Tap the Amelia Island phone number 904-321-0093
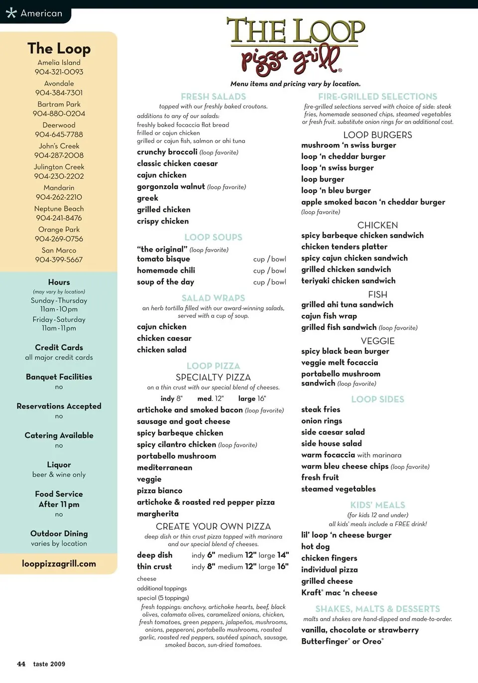(59, 72)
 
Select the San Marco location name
(59, 250)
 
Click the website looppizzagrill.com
(59, 564)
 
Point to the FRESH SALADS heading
(213, 97)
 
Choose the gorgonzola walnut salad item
(171, 186)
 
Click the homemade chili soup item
(166, 270)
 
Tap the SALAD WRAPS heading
(213, 298)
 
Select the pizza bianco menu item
(159, 491)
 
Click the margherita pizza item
(158, 514)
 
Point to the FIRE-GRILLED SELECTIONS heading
(377, 97)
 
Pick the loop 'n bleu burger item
(336, 190)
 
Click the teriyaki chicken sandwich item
(348, 280)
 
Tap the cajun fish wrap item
(329, 316)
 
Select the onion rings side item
(321, 420)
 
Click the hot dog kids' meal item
(315, 546)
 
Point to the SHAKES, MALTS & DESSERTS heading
(377, 609)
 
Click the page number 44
(21, 664)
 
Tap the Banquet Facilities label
(59, 377)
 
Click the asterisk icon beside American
(11, 13)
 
